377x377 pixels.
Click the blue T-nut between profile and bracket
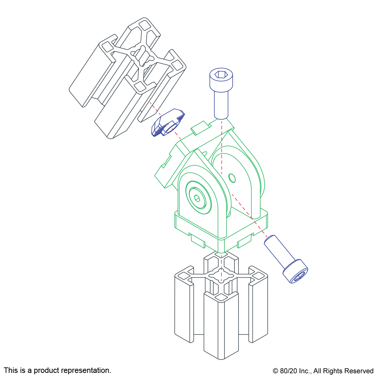click(168, 123)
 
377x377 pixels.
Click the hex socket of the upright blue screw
click(221, 74)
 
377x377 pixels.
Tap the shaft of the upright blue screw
click(221, 105)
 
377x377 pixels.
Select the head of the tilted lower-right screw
click(295, 271)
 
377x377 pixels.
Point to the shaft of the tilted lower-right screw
click(279, 251)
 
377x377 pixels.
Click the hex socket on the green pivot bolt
click(197, 198)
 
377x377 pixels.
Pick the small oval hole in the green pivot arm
click(232, 178)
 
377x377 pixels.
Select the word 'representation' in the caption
click(87, 370)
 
